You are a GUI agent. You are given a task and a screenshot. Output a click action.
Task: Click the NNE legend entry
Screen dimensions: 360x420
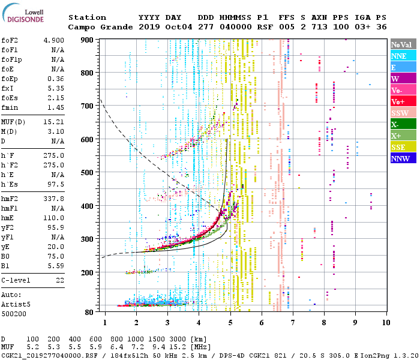(x=402, y=56)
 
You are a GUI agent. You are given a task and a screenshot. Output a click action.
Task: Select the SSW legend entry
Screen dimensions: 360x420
(x=402, y=113)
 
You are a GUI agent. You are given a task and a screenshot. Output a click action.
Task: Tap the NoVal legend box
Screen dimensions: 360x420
(x=402, y=44)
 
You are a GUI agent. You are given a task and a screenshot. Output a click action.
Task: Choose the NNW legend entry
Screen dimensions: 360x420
(x=402, y=158)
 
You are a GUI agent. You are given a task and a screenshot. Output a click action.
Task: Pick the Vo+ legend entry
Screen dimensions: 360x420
(x=402, y=101)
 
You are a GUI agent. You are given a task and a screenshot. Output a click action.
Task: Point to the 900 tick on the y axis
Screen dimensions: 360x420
(x=88, y=40)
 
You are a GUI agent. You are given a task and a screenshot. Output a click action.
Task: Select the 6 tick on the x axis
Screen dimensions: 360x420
(x=261, y=322)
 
